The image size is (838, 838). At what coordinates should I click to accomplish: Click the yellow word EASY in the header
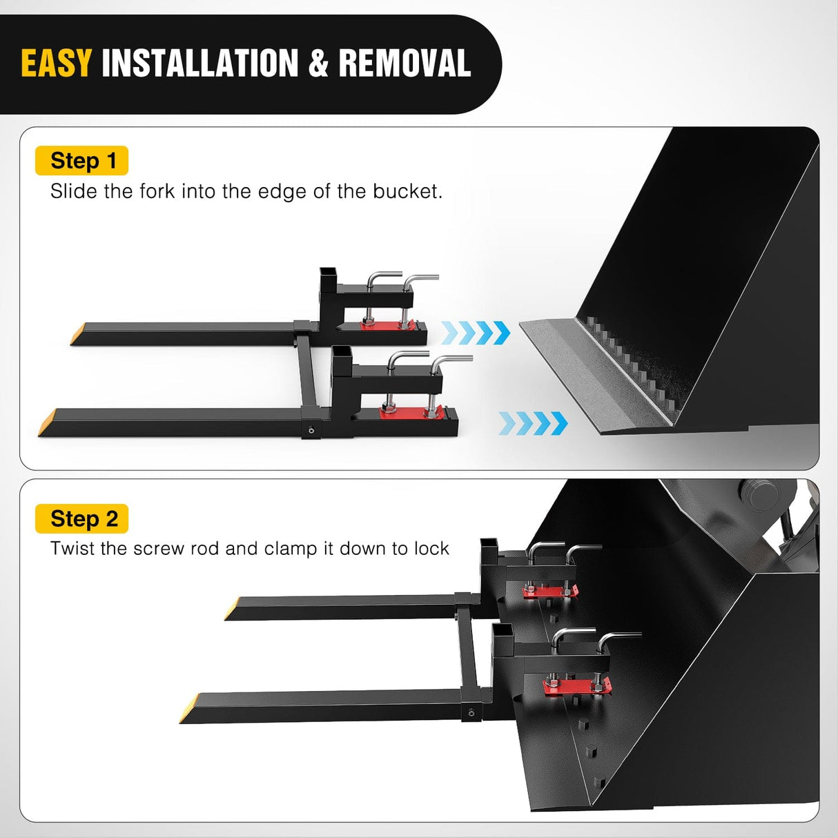[x=56, y=63]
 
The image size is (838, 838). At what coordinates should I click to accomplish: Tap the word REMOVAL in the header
[x=405, y=63]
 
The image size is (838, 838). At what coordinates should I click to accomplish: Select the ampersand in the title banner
[x=318, y=63]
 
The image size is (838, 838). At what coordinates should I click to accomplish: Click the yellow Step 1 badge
[x=81, y=160]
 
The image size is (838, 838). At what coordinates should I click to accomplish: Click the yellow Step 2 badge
[x=81, y=518]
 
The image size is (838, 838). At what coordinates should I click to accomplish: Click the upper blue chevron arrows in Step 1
[x=476, y=333]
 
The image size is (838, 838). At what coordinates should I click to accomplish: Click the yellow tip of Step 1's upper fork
[x=78, y=334]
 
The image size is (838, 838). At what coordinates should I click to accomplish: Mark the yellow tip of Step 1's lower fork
[x=47, y=422]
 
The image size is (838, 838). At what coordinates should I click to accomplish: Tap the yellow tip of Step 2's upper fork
[x=232, y=608]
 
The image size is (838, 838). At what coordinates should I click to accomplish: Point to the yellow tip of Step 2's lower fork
[x=189, y=708]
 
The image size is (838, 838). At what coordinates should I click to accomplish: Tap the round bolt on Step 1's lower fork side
[x=311, y=431]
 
